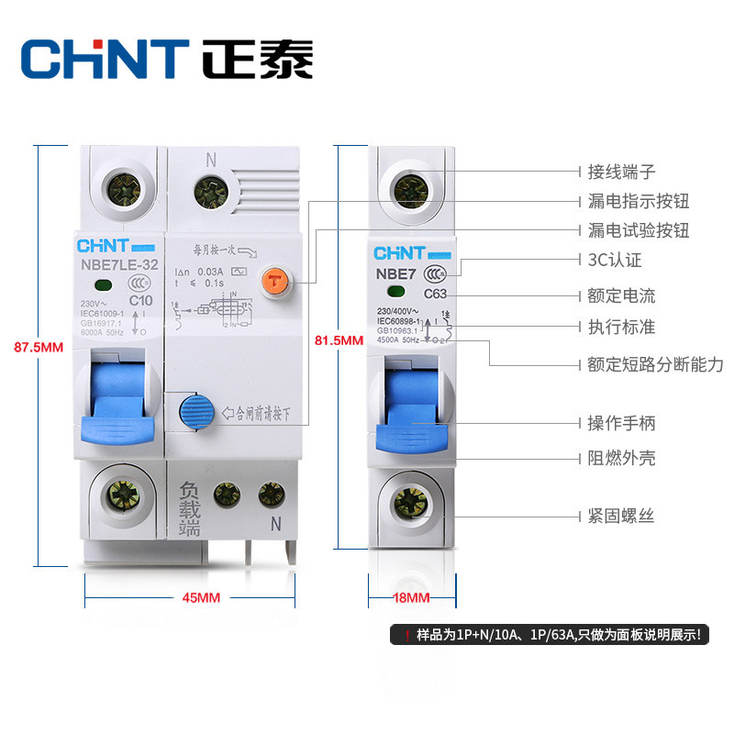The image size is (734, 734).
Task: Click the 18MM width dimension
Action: (x=411, y=598)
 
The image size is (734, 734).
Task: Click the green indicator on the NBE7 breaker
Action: (x=395, y=294)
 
